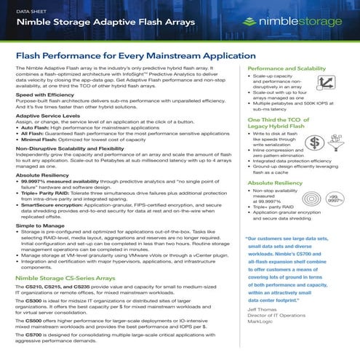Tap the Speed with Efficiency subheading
click(x=48, y=95)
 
